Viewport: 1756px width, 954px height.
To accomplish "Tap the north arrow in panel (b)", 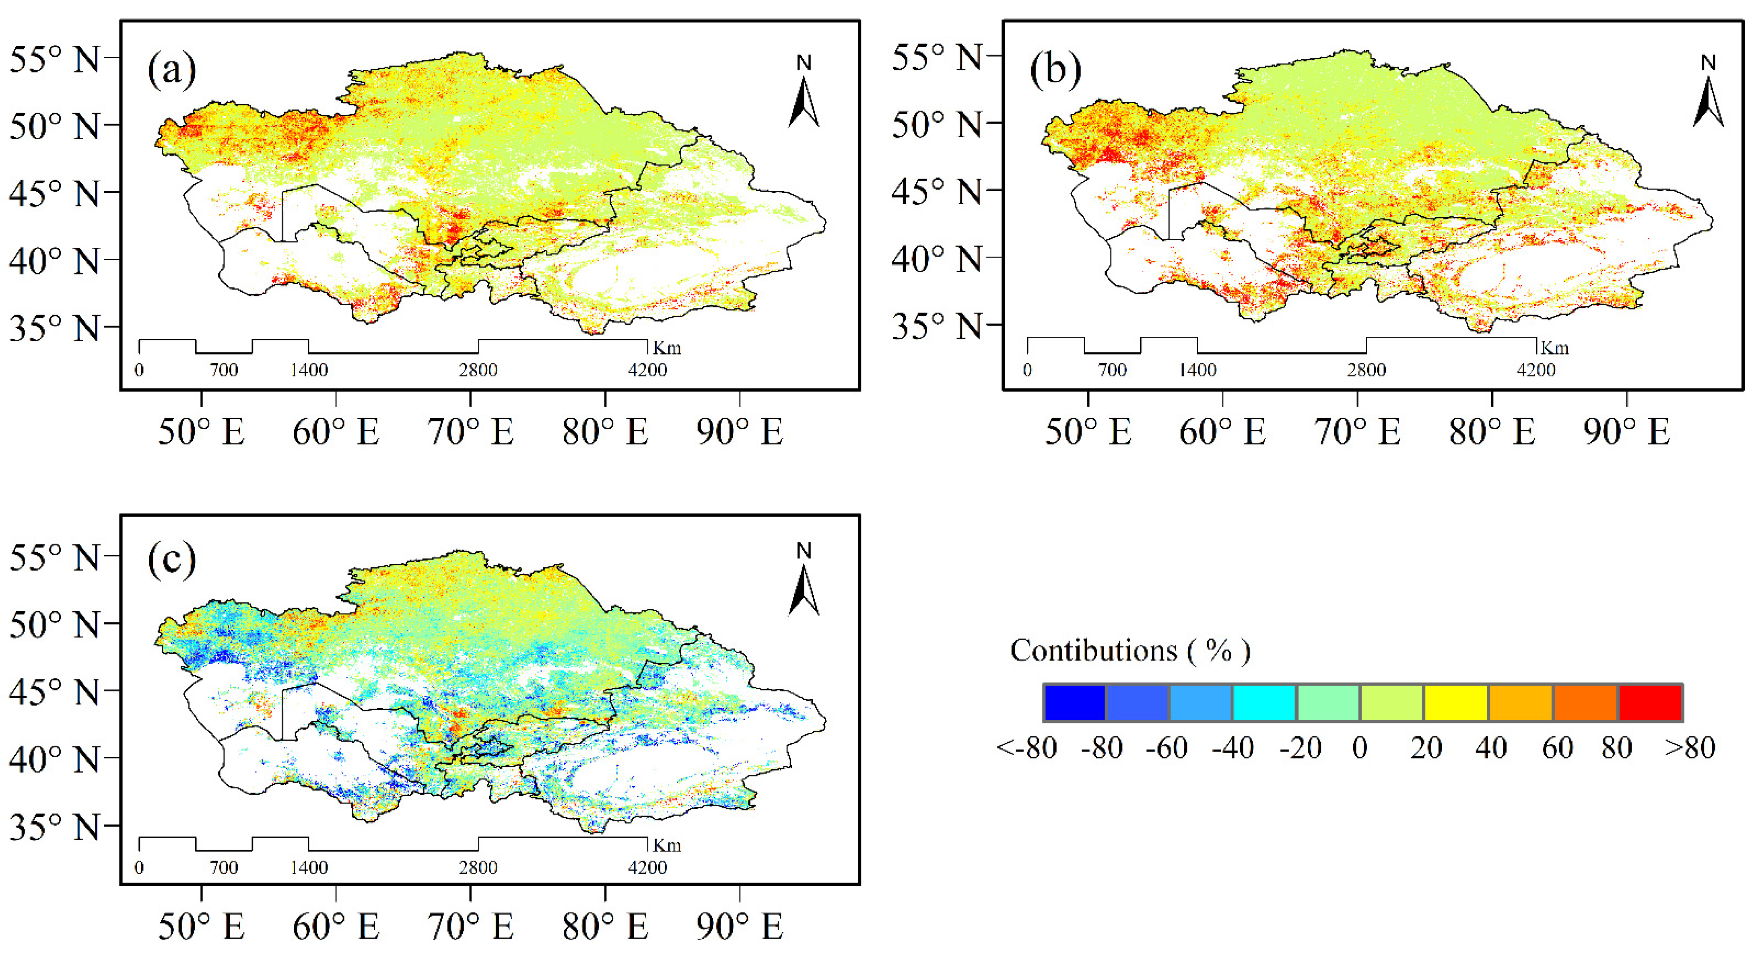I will point(1708,95).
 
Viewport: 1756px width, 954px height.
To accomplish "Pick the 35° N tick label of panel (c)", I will point(55,826).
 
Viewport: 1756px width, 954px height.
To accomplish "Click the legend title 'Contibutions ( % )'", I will point(1129,651).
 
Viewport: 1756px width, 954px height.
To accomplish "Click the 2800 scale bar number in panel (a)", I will point(478,370).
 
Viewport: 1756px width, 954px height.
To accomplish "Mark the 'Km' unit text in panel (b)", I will point(1555,348).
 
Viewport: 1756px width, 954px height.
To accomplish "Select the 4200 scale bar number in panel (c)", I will point(647,867).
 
